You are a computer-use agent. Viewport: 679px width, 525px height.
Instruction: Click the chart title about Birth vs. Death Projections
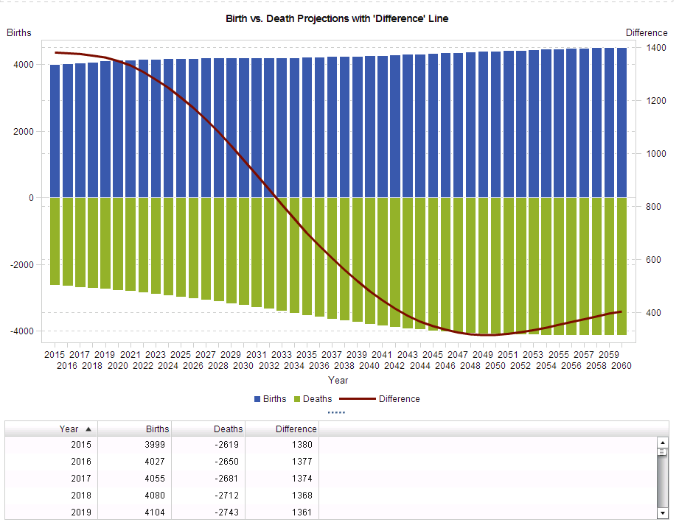click(x=337, y=18)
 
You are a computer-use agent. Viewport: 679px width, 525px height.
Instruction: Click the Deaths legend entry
click(x=313, y=399)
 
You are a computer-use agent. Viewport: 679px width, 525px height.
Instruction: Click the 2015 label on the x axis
click(x=55, y=354)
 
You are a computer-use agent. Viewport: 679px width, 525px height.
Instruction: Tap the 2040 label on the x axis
click(x=369, y=365)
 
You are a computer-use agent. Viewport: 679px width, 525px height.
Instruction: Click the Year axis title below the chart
click(x=338, y=381)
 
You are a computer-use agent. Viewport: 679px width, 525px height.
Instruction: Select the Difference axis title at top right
click(x=647, y=32)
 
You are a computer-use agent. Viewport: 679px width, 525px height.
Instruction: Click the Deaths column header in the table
click(x=228, y=429)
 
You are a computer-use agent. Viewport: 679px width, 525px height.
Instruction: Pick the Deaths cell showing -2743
click(x=228, y=512)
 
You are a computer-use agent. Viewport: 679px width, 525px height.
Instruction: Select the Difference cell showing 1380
click(x=301, y=445)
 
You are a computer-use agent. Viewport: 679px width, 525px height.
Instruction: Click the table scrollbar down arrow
click(x=662, y=512)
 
